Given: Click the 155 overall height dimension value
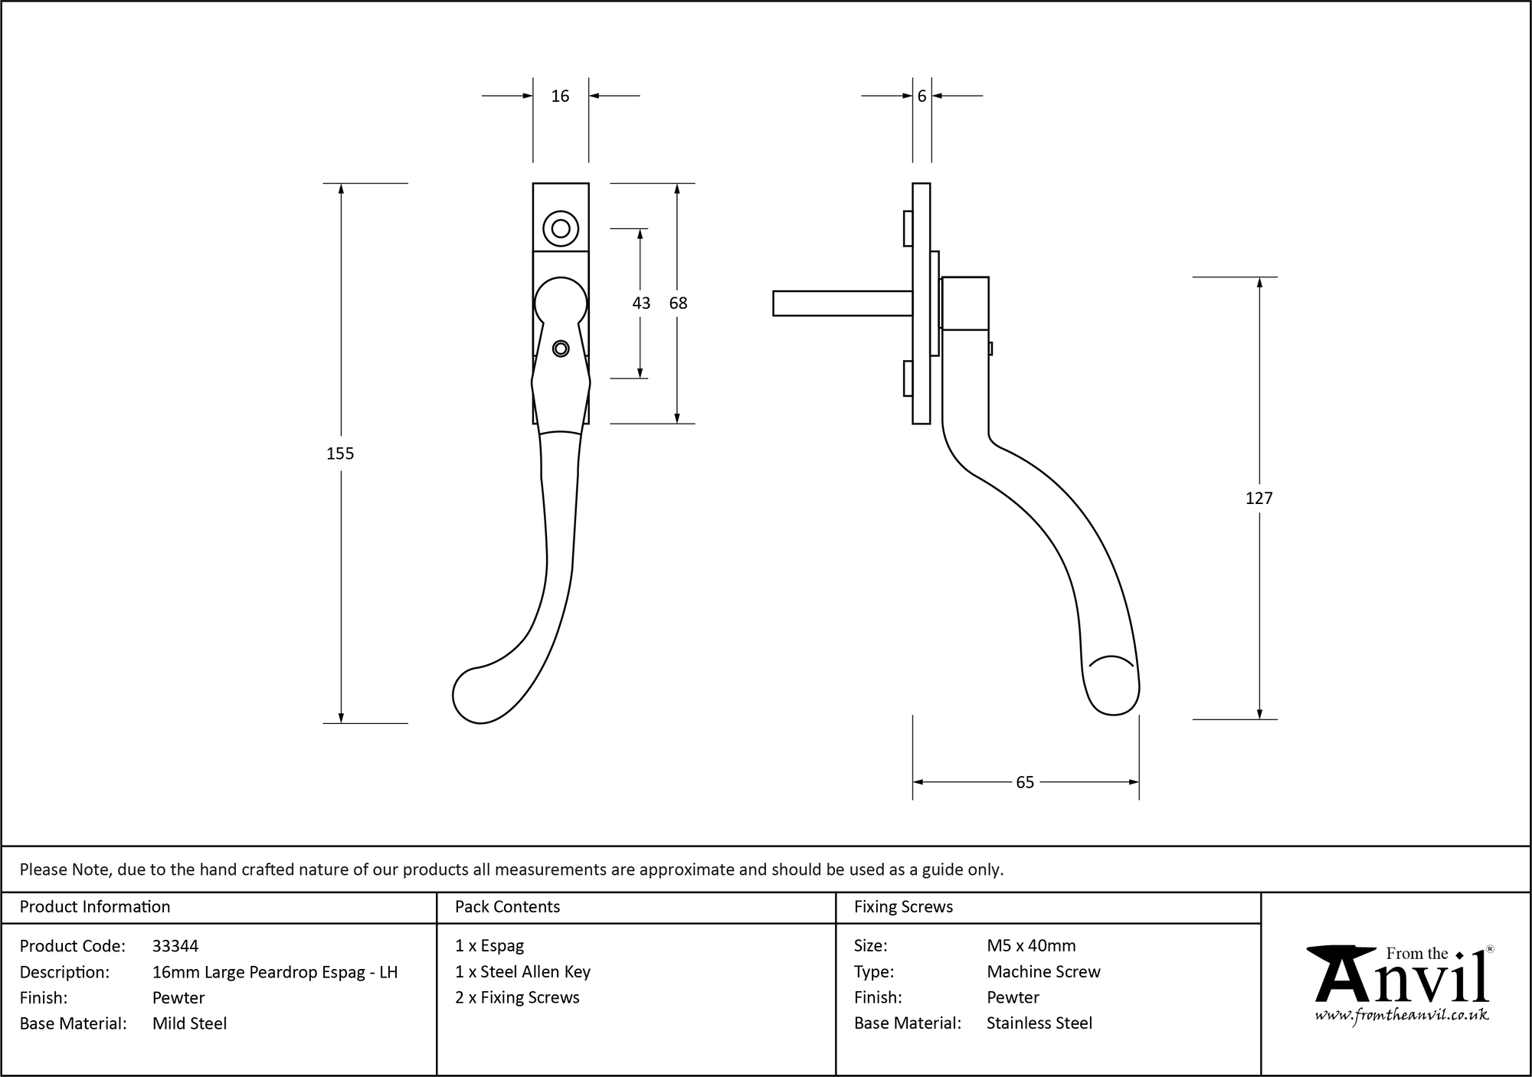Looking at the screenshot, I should [340, 453].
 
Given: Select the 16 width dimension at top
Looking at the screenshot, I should [560, 96].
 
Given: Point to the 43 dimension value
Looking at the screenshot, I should [641, 303].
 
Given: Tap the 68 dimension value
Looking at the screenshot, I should [678, 303].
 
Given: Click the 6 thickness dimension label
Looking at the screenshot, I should [921, 96].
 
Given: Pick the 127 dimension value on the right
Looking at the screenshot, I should [1259, 499].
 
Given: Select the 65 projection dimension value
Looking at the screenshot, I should [1024, 782].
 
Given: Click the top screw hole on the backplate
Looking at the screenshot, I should [561, 228].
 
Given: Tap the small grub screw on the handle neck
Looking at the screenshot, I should [561, 349].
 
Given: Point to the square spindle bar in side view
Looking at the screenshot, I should [841, 303].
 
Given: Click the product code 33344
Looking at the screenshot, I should [175, 946].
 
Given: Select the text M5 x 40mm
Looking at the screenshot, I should [1031, 946].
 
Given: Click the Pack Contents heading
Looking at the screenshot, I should [507, 907].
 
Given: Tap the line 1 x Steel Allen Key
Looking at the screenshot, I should [522, 972].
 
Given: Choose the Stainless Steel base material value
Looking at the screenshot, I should [1039, 1023].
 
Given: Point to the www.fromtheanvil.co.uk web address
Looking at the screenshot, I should [1402, 1016].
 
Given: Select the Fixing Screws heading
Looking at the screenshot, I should [903, 907].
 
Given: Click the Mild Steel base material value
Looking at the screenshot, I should [189, 1023].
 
